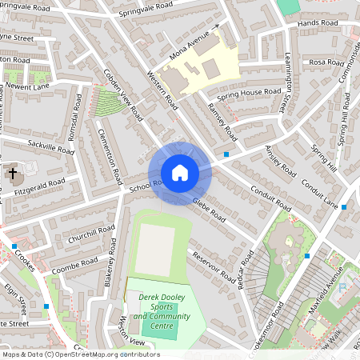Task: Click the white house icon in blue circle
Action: (180, 173)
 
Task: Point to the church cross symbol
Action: (12, 173)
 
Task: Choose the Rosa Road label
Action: (326, 62)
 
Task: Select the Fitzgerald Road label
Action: (62, 184)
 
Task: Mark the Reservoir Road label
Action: (214, 269)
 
